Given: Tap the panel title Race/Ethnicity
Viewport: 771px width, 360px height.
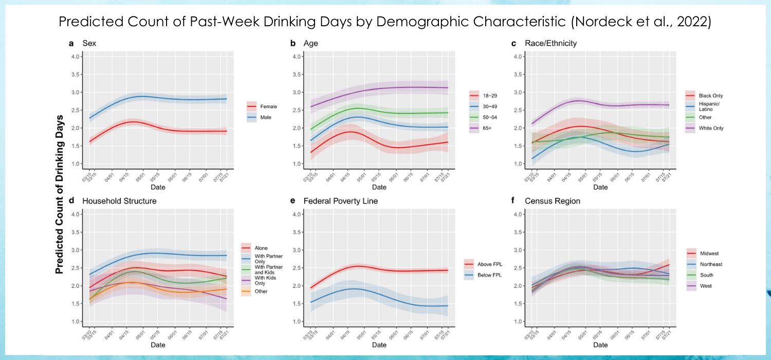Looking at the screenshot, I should tap(551, 43).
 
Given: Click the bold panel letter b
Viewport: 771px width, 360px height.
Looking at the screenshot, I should tap(293, 43).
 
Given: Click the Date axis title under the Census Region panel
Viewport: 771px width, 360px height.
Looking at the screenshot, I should tap(600, 345).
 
